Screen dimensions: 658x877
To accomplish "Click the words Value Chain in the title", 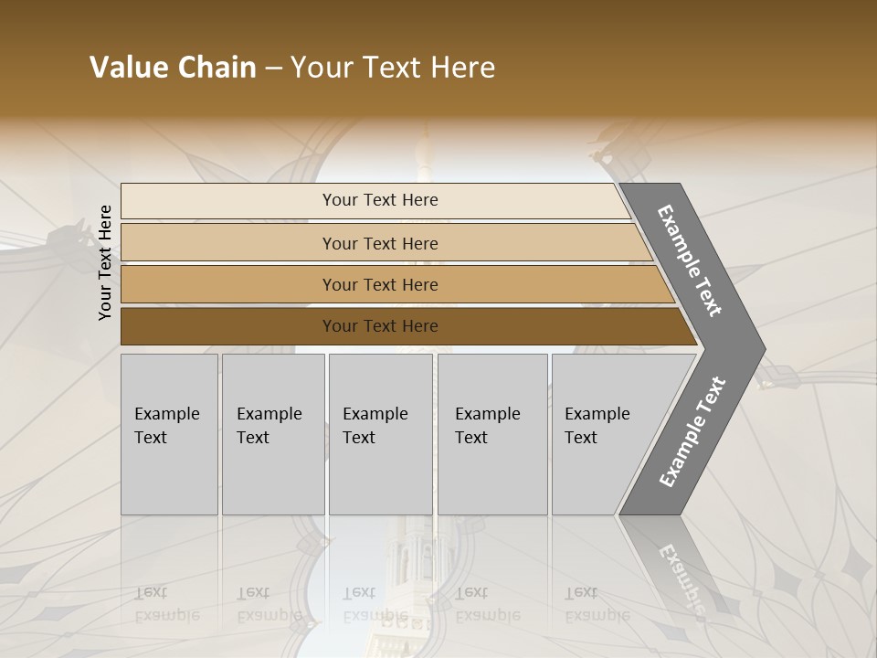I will (173, 68).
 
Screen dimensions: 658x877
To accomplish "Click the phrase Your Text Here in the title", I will (393, 68).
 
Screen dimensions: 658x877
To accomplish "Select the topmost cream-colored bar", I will (228, 201).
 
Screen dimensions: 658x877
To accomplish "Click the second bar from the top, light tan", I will (228, 243).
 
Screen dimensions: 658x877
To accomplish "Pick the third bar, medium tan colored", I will (228, 285).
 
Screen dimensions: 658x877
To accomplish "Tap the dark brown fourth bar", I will (228, 326).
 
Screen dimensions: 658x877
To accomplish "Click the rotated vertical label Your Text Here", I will (105, 262).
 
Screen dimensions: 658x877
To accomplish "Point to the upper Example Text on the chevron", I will (691, 260).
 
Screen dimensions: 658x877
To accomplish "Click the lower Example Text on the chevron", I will (692, 431).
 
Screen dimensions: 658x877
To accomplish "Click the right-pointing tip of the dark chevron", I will (757, 348).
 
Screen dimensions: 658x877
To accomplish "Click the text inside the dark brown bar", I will (380, 326).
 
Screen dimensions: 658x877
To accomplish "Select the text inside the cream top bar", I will (380, 200).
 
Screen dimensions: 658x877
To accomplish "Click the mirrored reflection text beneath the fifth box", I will (597, 604).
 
